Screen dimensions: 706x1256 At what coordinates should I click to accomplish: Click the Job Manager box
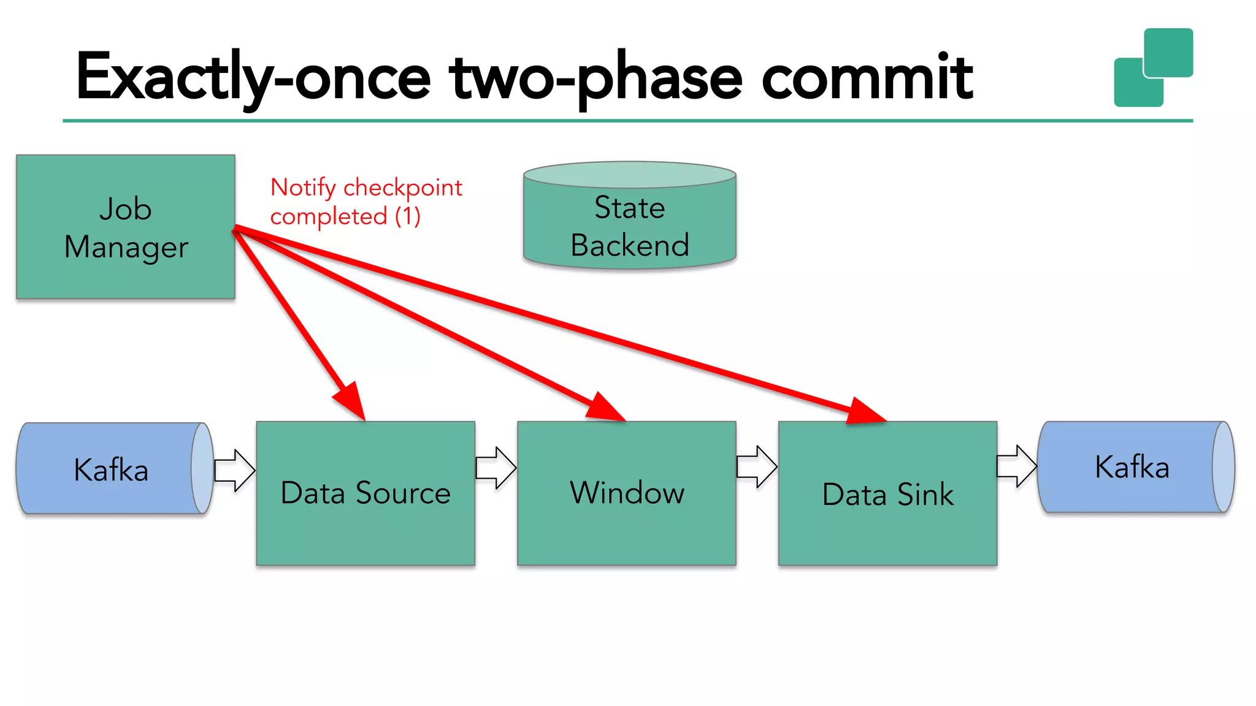[x=125, y=227]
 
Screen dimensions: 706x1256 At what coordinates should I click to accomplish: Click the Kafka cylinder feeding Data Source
[x=110, y=469]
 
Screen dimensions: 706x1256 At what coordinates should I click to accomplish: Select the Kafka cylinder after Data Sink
[x=1132, y=467]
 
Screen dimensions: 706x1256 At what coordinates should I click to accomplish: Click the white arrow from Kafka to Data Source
[x=235, y=470]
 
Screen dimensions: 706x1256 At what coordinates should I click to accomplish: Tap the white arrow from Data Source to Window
[x=496, y=468]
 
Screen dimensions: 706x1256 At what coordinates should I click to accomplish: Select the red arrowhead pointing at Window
[x=605, y=408]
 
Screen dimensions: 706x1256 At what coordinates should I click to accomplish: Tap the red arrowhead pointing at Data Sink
[x=865, y=412]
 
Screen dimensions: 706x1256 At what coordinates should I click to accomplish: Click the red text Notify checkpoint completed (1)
[x=366, y=202]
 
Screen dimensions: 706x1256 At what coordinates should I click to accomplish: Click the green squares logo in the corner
[x=1153, y=67]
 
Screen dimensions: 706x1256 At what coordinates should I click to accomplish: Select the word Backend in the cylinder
[x=629, y=245]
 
